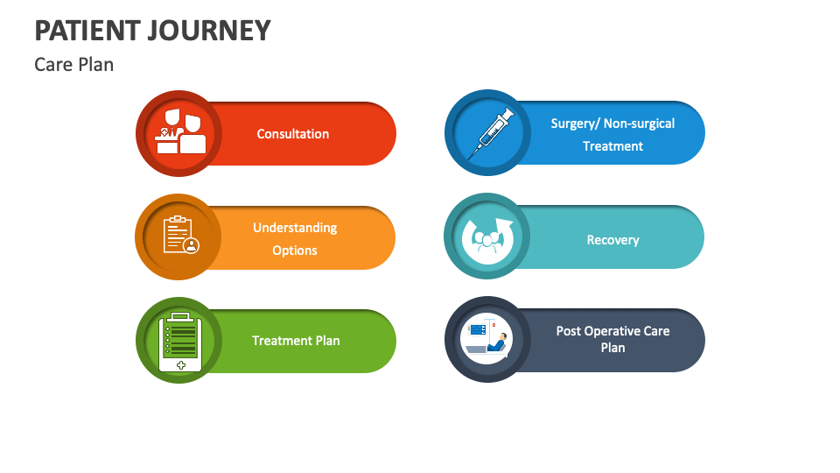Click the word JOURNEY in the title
215,31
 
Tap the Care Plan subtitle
74,65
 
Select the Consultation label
293,134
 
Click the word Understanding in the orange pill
295,228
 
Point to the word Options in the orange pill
295,251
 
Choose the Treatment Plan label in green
296,341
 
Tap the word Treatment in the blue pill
612,146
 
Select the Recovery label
612,240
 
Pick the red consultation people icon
180,133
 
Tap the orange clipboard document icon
180,236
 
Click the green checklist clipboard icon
180,341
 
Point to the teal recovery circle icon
488,236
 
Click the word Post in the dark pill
569,331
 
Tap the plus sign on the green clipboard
181,364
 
